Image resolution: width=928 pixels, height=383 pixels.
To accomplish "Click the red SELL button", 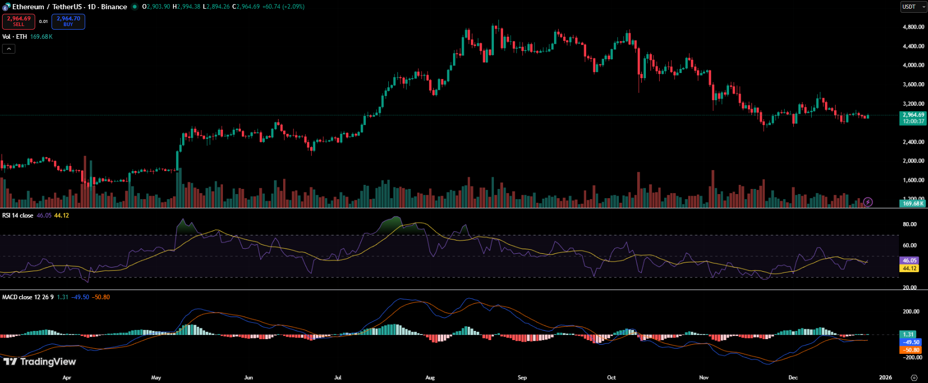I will (x=18, y=21).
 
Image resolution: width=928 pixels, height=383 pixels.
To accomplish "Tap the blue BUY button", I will (x=68, y=21).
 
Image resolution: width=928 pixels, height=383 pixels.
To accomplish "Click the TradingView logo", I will (x=40, y=362).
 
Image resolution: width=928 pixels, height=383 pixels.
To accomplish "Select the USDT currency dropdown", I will (x=913, y=7).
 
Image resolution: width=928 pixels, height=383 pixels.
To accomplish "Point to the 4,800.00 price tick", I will (x=913, y=27).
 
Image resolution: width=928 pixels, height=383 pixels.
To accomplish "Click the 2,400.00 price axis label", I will (x=913, y=142).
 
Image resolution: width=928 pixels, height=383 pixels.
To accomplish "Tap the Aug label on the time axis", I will (x=430, y=378).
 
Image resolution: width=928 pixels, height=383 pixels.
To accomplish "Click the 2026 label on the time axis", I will (x=886, y=378).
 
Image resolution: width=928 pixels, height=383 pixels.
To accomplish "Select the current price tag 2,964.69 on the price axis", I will (x=913, y=115).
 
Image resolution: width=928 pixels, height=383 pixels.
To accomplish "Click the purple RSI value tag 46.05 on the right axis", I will (x=910, y=260).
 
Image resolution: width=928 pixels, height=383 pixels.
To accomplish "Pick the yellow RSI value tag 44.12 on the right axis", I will (x=910, y=268).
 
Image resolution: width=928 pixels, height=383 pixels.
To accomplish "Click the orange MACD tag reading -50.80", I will (x=910, y=350).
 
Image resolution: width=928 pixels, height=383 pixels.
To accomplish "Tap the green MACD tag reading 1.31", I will (x=909, y=334).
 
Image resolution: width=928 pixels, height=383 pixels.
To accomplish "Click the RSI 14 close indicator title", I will (x=18, y=216).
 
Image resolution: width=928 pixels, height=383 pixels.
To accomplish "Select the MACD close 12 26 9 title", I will (x=28, y=297).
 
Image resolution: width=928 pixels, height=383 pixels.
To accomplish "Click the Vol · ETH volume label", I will (x=14, y=37).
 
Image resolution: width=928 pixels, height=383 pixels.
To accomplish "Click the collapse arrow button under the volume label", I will (x=9, y=49).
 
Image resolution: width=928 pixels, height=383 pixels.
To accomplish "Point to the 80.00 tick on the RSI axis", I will (x=910, y=224).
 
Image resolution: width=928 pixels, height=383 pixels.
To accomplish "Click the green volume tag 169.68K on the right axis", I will (x=913, y=203).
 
